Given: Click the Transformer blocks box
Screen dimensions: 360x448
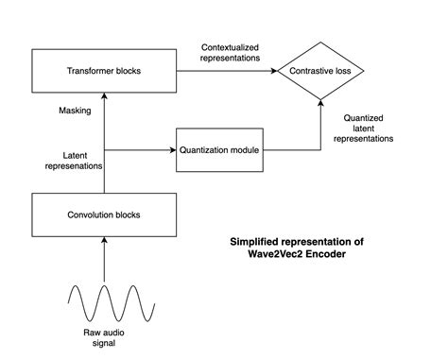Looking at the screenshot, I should (103, 71).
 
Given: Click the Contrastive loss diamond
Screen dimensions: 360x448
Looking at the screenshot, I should (321, 71).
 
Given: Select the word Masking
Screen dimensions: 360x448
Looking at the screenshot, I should (75, 110).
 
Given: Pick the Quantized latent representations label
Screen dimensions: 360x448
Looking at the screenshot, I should (363, 126).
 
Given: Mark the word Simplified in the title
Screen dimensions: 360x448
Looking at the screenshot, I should (255, 241).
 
